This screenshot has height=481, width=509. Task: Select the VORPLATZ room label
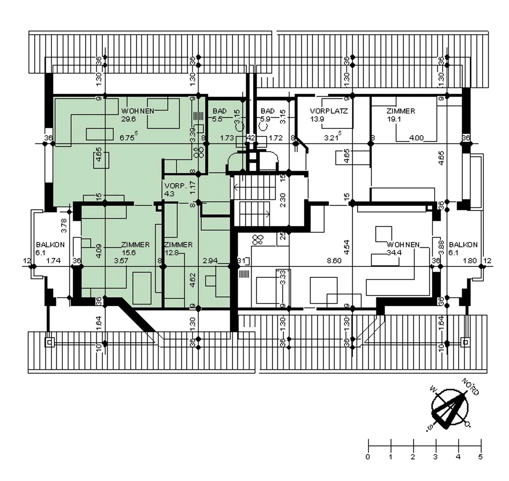point(328,115)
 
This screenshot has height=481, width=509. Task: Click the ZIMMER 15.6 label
point(135,248)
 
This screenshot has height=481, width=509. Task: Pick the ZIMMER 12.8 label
point(178,248)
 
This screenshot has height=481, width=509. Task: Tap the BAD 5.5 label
point(219,115)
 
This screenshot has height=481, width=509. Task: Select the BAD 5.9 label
point(267,115)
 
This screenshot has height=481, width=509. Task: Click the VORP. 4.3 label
point(175,189)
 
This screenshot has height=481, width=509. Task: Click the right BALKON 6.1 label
point(463,248)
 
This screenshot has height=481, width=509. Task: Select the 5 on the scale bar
point(480,457)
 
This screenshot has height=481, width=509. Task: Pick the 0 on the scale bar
point(368,457)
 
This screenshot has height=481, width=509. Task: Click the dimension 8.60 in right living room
point(334,261)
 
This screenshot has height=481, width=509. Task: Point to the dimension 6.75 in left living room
point(128,137)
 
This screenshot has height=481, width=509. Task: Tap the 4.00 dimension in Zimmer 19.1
point(416,138)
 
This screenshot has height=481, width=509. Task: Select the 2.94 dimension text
point(210,261)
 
